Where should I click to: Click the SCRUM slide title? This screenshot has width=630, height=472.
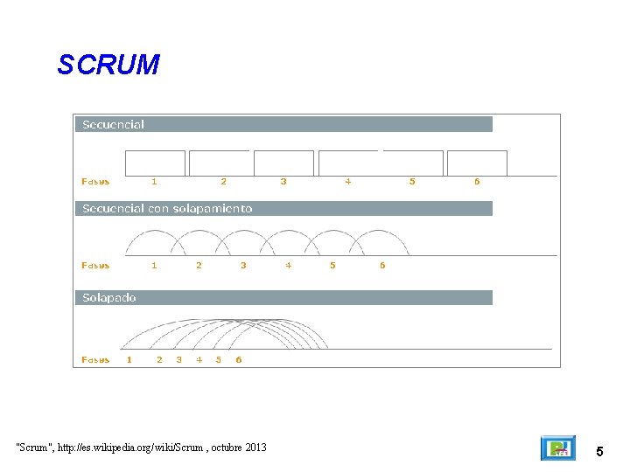point(108,65)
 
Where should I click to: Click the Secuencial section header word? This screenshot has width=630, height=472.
point(113,124)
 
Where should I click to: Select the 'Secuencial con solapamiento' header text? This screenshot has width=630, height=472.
point(167,209)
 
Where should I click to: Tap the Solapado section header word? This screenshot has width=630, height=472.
point(109,298)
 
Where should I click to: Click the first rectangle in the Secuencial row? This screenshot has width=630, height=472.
point(156,163)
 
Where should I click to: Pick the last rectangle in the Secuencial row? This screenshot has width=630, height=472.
point(477,163)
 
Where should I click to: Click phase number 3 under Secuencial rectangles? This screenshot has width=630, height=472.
point(283,182)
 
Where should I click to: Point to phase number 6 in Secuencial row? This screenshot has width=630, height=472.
point(477,182)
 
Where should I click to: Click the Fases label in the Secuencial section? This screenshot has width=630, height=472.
point(95,182)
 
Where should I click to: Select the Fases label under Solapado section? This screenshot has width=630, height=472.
point(95,359)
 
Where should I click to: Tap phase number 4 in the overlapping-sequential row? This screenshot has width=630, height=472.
point(288,266)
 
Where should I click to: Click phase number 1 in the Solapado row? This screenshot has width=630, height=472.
point(129,359)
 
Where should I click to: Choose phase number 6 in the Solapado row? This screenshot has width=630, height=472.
point(239,359)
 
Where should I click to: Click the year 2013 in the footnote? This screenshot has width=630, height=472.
point(255,448)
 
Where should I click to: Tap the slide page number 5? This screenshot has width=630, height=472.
point(599,452)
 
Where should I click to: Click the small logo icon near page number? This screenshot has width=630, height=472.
point(557,448)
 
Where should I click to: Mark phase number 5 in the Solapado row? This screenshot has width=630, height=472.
point(219,359)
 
